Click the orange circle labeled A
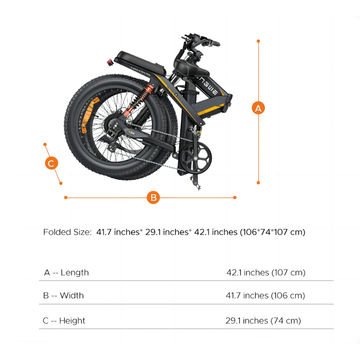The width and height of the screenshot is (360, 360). (258, 108)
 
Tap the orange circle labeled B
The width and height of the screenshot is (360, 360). (153, 197)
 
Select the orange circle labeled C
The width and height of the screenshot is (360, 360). (51, 163)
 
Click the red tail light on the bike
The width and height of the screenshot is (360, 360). (110, 62)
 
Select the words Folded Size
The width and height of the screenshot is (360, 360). (67, 232)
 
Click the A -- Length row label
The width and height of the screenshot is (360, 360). (66, 273)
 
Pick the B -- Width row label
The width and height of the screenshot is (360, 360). (63, 295)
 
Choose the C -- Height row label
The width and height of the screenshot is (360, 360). (64, 321)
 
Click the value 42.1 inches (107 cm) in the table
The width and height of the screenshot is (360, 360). (266, 273)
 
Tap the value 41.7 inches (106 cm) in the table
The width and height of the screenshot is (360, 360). (265, 295)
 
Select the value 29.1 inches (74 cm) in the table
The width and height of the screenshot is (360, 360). (263, 321)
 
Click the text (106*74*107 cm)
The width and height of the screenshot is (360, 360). (273, 232)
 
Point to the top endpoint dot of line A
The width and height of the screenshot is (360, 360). (258, 41)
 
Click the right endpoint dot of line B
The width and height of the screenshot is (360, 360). (235, 197)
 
